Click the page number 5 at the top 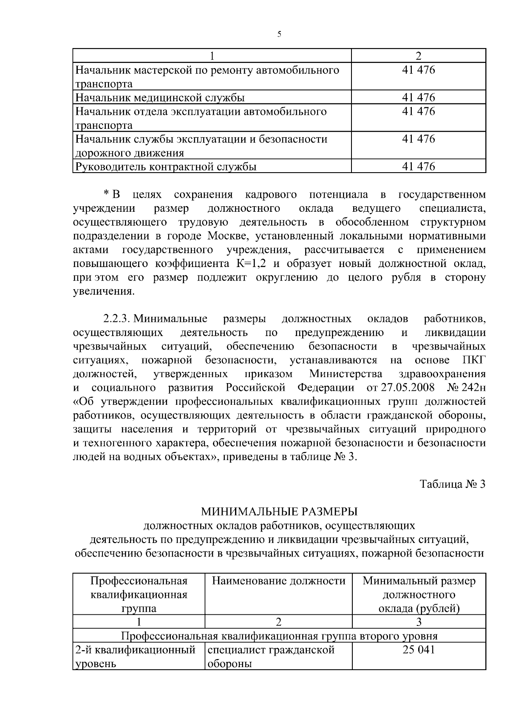(x=279, y=34)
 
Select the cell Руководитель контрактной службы (x=166, y=167)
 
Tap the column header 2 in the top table (x=418, y=56)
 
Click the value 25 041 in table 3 (x=418, y=650)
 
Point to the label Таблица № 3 (x=452, y=484)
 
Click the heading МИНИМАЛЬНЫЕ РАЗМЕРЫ (x=279, y=512)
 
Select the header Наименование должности (x=278, y=581)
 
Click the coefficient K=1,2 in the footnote (x=251, y=264)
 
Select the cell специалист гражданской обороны (x=271, y=657)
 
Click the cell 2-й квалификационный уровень (x=135, y=657)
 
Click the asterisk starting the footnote (x=106, y=194)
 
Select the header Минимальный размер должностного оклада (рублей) (x=419, y=594)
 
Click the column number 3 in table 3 (x=418, y=623)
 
